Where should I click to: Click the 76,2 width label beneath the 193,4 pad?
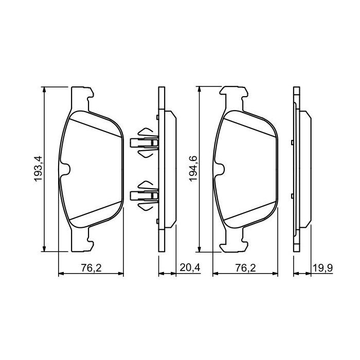(x=91, y=267)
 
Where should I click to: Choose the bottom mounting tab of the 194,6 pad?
(x=235, y=242)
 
